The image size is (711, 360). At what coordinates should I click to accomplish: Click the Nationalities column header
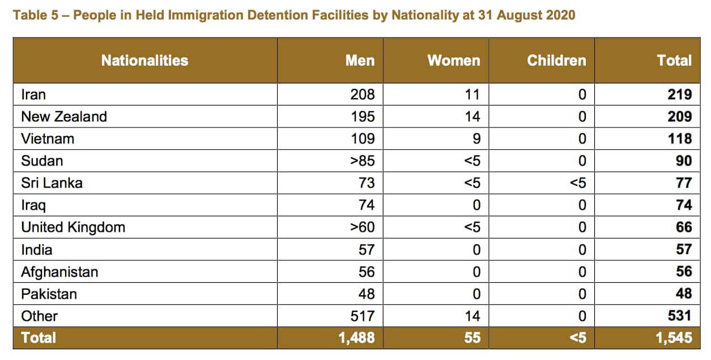(x=144, y=61)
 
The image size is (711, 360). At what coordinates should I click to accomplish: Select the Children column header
(x=556, y=61)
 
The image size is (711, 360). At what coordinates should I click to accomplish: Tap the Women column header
(x=453, y=61)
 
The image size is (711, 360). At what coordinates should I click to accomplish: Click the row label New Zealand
(x=64, y=117)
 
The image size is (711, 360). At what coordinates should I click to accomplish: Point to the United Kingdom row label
(x=73, y=227)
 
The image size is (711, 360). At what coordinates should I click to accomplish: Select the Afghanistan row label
(x=59, y=272)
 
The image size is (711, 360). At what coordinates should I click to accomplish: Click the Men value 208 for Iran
(x=363, y=95)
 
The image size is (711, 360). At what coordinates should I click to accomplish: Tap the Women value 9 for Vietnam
(x=476, y=139)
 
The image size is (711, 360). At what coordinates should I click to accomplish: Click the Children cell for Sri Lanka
(x=577, y=183)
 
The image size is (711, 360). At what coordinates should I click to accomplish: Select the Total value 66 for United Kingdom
(x=683, y=227)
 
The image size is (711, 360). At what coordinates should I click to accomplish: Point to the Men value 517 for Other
(x=363, y=316)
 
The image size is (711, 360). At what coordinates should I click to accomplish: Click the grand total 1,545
(x=674, y=338)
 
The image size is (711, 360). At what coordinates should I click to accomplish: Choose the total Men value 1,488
(x=356, y=338)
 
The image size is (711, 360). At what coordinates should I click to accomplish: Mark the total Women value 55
(x=472, y=338)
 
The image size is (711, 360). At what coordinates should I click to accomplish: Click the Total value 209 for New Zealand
(x=679, y=117)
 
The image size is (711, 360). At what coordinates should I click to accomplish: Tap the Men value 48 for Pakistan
(x=366, y=294)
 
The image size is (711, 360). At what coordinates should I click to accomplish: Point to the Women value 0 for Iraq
(x=476, y=205)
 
